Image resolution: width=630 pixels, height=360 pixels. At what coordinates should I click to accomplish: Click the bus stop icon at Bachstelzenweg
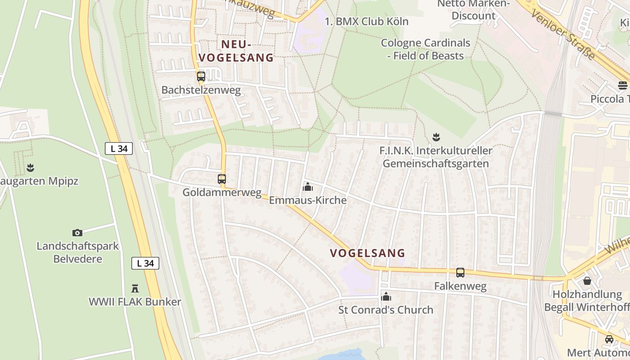coord(201,76)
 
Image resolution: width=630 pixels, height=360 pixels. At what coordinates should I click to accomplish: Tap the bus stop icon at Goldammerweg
coord(222,179)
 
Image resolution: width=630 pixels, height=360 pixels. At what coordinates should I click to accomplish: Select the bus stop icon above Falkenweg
coord(460,273)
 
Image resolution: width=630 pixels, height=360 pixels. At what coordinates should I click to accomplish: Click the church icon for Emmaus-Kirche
coord(308,187)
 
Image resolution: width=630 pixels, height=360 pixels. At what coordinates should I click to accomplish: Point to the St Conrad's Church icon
coord(386,297)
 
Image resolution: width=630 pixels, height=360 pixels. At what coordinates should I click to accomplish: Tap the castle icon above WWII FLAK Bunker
coord(135,288)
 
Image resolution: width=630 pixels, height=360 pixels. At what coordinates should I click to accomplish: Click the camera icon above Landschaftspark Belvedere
coord(77,233)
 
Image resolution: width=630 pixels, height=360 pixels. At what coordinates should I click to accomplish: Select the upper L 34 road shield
coord(119,148)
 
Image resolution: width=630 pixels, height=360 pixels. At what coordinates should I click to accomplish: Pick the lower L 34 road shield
coord(145,263)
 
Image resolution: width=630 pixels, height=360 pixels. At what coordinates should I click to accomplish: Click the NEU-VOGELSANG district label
coord(236,51)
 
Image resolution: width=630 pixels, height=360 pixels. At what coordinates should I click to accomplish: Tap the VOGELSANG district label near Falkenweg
coord(368,253)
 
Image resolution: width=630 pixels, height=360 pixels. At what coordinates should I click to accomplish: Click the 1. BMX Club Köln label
coord(366,22)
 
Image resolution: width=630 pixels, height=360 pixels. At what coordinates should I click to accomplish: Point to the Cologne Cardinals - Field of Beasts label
coord(426,49)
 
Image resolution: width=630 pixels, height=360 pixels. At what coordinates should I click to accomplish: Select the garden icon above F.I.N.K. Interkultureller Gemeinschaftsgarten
coord(436,136)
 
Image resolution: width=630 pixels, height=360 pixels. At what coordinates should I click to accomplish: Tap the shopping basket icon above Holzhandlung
coord(587,281)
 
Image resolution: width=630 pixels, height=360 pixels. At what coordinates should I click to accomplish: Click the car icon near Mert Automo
coord(609,339)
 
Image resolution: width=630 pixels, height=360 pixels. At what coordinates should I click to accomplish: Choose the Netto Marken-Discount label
coord(473,10)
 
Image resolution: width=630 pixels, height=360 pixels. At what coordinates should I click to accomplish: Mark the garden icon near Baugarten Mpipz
coord(30,168)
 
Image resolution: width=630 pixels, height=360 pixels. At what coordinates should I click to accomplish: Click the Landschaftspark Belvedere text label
coord(77,252)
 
